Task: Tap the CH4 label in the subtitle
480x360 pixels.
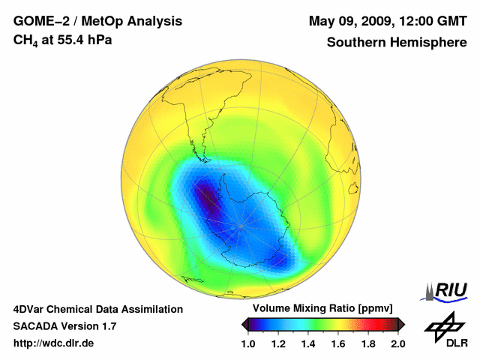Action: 25,40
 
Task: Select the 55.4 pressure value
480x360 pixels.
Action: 67,39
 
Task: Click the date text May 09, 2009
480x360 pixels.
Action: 349,20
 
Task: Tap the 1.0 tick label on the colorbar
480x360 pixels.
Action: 248,343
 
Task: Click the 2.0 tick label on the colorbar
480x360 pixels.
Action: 397,343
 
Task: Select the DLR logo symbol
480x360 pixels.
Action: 444,325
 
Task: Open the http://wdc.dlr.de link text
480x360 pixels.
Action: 54,343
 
